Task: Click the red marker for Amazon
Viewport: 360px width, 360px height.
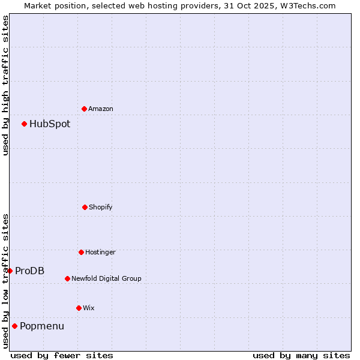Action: click(84, 109)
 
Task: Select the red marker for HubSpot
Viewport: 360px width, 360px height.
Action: click(24, 124)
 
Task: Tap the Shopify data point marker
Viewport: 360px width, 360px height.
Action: click(85, 207)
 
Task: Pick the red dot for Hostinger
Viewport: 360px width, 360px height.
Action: click(81, 252)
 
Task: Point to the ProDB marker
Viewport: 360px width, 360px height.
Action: click(10, 271)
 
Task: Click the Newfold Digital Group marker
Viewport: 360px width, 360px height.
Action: click(67, 278)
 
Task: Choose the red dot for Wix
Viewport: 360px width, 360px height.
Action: click(79, 308)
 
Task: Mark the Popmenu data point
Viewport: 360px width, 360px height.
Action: click(14, 326)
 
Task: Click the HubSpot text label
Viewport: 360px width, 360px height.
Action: click(50, 124)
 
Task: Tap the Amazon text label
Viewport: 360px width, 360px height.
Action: click(101, 109)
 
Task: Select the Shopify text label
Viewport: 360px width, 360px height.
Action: click(101, 208)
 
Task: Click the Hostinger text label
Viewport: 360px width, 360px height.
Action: click(100, 253)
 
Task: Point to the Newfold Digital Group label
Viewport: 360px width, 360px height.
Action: click(106, 279)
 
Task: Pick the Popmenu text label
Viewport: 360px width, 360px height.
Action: click(42, 326)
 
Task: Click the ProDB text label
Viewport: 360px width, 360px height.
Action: click(29, 271)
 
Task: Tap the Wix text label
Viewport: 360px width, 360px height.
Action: click(89, 308)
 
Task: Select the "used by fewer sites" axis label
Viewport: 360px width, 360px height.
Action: click(62, 355)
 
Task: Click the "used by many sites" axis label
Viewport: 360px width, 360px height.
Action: click(301, 355)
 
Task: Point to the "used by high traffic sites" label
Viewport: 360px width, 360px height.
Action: click(5, 85)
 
